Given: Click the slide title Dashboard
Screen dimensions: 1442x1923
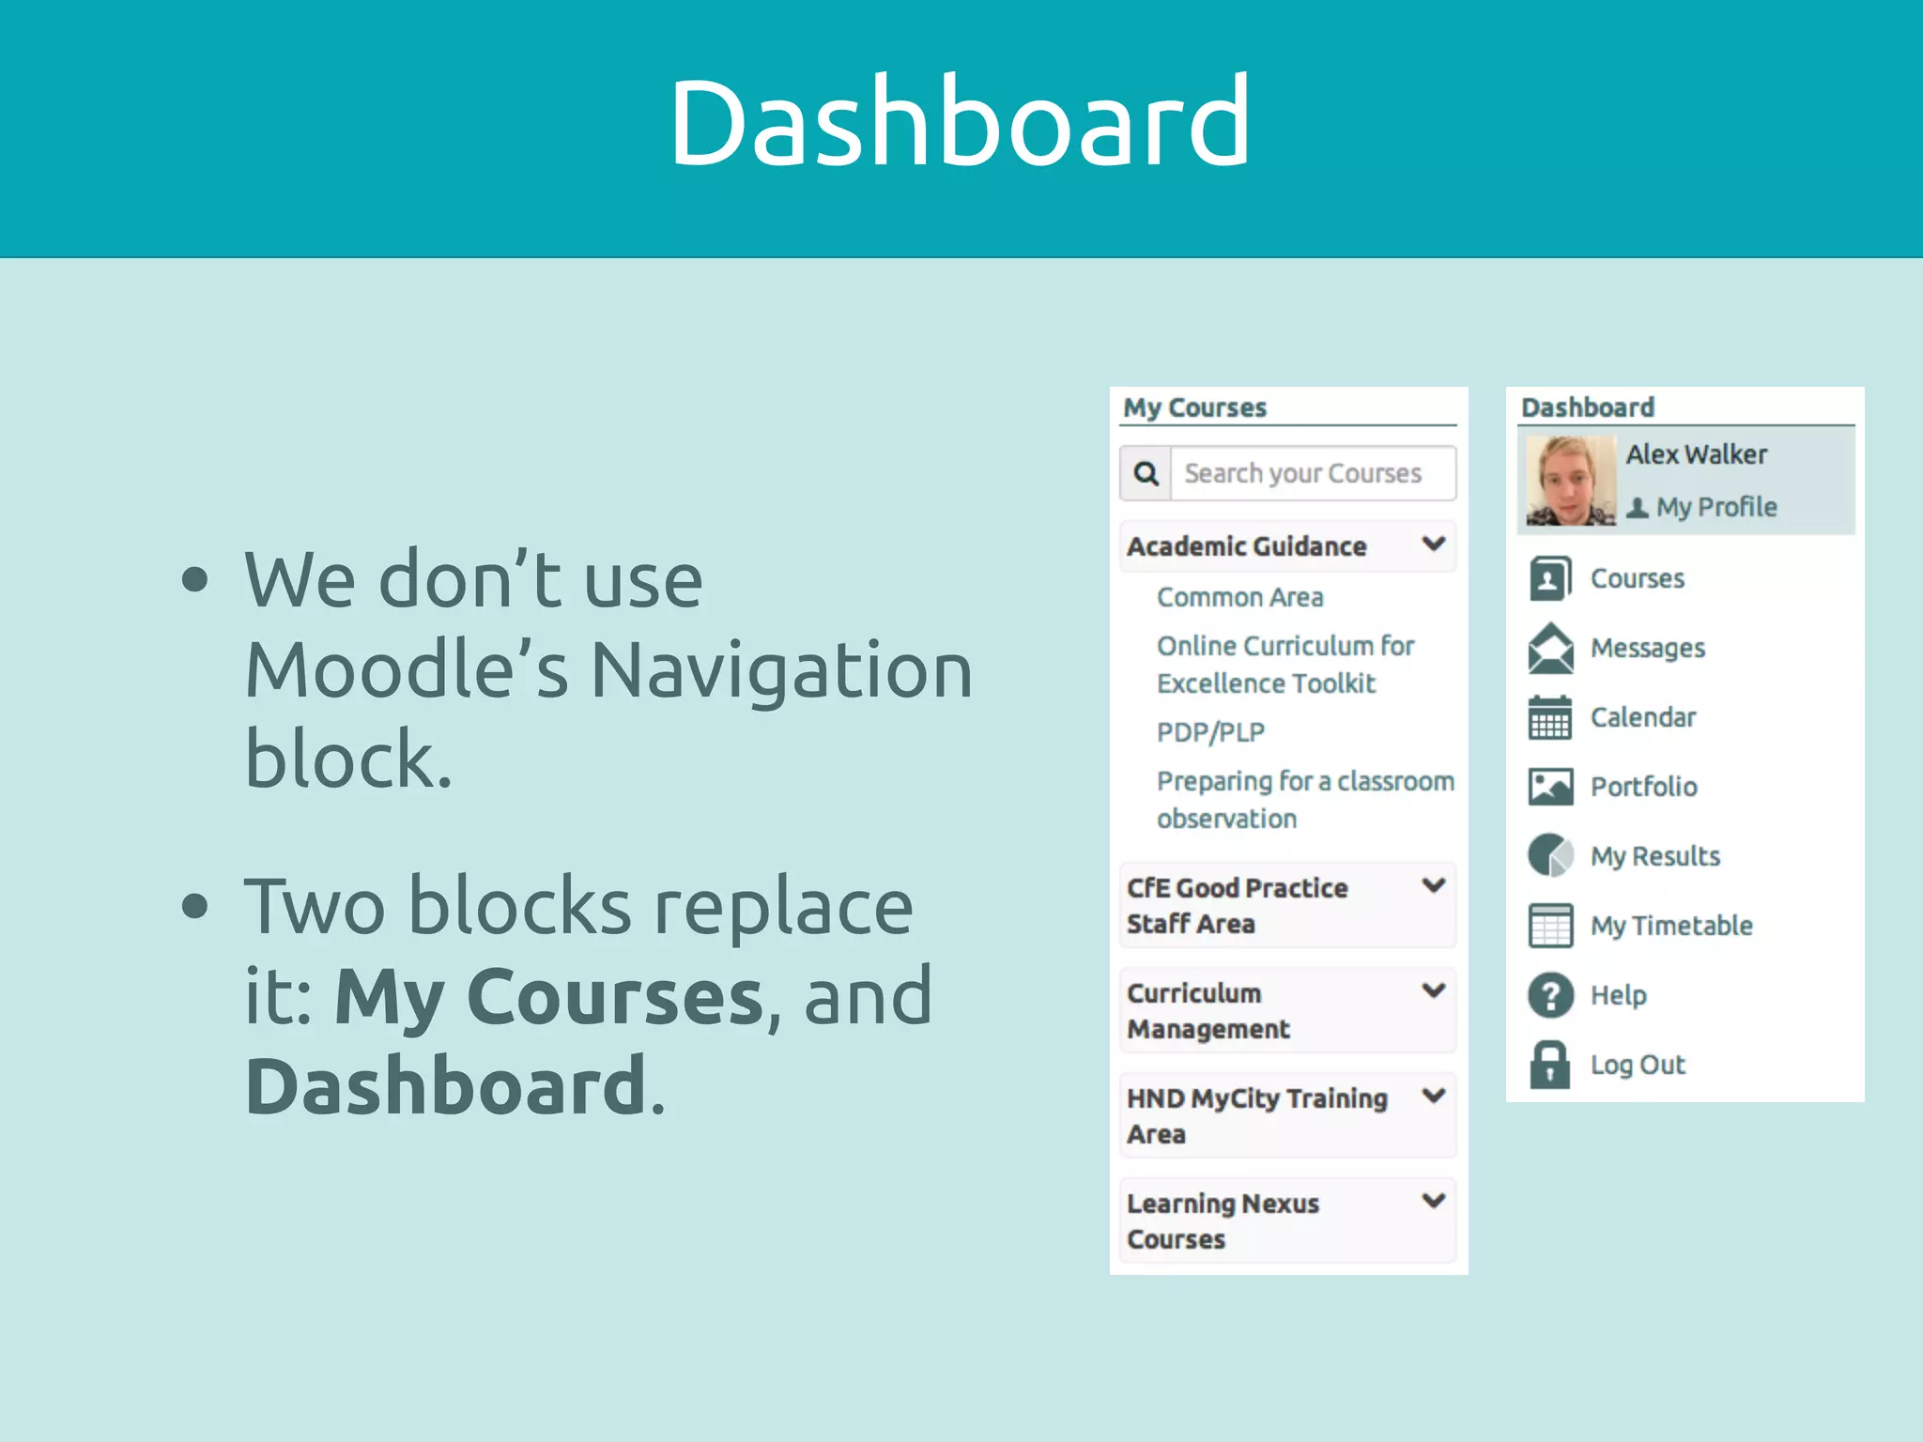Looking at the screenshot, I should point(960,122).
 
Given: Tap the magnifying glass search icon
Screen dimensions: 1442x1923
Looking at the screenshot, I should point(1146,473).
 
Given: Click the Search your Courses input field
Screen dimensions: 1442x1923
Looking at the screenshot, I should point(1312,473).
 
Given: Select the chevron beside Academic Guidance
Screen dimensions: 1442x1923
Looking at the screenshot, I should point(1433,544).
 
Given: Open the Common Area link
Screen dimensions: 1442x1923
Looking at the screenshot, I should point(1239,597).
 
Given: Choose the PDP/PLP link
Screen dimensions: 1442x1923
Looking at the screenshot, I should point(1210,732).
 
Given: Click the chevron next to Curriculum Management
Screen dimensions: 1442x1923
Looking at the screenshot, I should point(1433,990).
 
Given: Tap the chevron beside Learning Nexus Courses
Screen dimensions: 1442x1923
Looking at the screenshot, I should point(1433,1201).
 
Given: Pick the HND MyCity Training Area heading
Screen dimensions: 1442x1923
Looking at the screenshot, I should point(1256,1115).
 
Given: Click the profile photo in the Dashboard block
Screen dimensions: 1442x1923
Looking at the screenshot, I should point(1570,480).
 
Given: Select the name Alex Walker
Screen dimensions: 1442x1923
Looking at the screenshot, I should point(1696,454).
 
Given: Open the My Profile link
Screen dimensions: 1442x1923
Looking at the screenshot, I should point(1715,507).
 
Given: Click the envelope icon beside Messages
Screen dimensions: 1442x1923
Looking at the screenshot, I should point(1550,648).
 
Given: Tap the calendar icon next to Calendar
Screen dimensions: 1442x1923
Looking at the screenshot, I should point(1550,718).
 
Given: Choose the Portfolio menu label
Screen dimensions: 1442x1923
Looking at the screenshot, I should point(1643,787).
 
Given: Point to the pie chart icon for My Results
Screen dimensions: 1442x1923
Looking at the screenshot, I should point(1550,855).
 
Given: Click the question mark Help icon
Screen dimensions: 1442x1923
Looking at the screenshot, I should point(1550,995).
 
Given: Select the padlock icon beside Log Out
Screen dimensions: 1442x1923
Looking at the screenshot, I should point(1550,1065).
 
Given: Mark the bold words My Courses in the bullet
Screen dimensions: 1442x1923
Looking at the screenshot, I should point(549,997).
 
